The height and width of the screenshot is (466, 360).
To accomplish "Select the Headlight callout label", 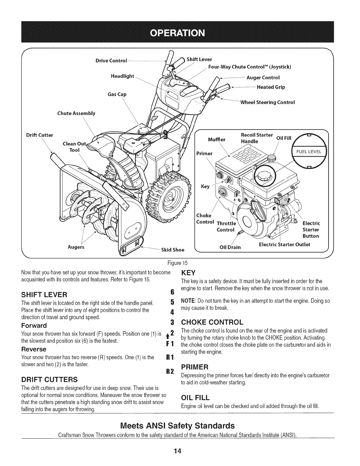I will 122,76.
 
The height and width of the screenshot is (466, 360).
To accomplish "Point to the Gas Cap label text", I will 117,94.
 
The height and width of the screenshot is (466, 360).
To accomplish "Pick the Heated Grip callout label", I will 271,87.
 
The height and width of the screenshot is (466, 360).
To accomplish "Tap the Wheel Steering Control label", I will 267,102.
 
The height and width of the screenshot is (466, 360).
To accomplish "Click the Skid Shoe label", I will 172,250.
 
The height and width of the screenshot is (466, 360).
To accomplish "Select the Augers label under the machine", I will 76,247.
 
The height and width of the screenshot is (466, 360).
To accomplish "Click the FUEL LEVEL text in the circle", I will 309,152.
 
